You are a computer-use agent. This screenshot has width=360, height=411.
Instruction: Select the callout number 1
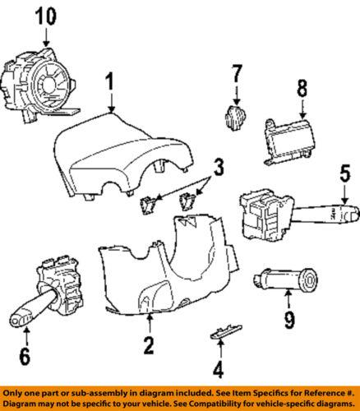pos(109,82)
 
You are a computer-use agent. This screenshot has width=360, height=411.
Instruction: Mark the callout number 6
pos(25,356)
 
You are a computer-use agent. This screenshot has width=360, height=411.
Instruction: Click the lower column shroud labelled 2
pos(164,263)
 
